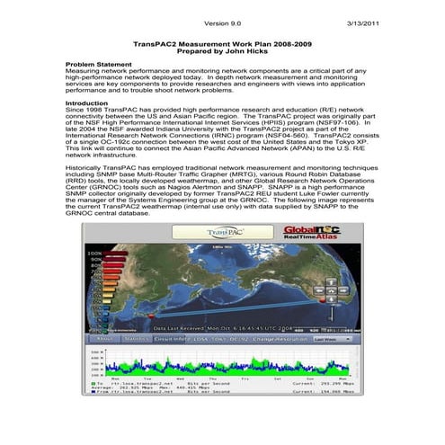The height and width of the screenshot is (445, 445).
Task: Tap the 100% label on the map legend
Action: click(x=94, y=254)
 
